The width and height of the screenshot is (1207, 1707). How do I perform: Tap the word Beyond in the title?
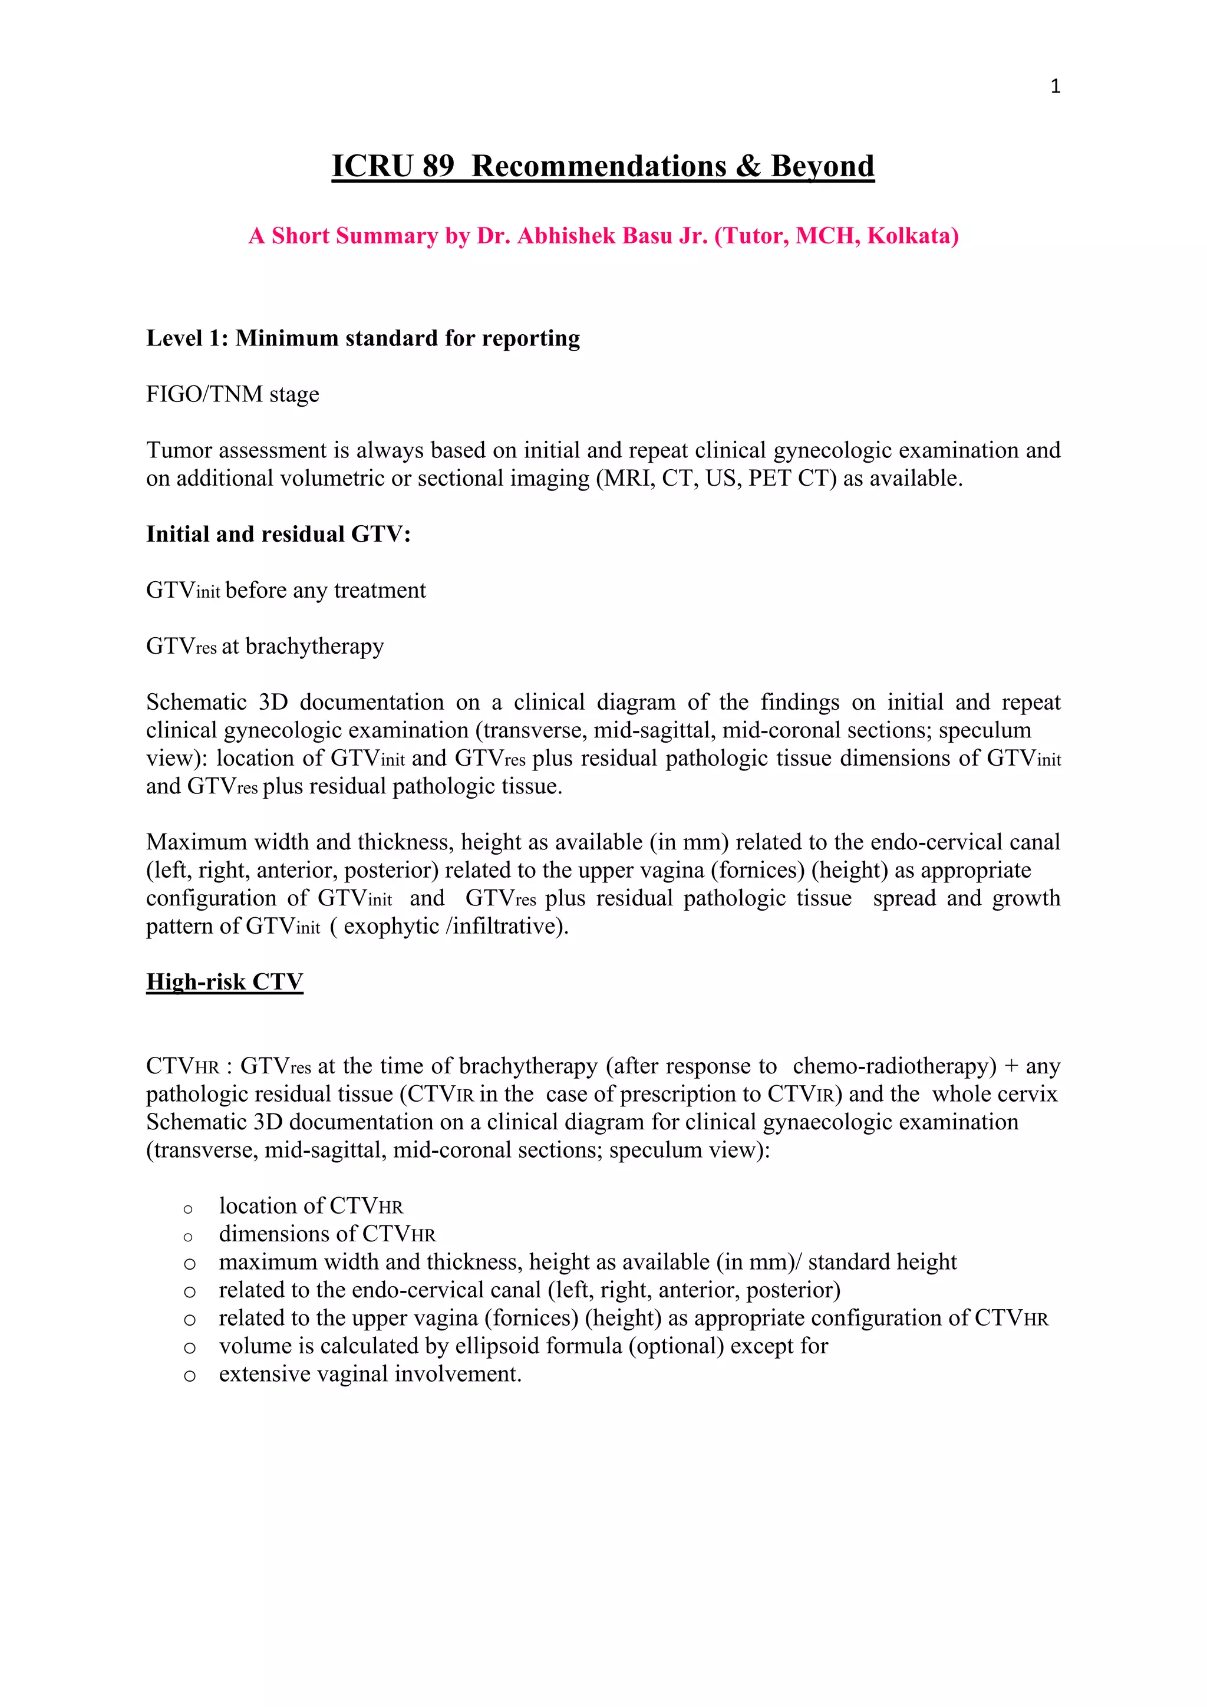pyautogui.click(x=822, y=166)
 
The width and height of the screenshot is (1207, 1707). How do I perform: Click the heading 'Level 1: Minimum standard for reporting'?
pyautogui.click(x=362, y=338)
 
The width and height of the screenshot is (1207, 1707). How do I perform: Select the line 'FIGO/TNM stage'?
pyautogui.click(x=233, y=394)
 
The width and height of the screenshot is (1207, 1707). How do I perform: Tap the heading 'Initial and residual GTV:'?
pyautogui.click(x=278, y=534)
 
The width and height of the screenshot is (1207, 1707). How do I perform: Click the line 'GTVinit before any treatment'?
pyautogui.click(x=286, y=590)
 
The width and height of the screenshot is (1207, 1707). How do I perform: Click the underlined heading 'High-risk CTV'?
pyautogui.click(x=225, y=981)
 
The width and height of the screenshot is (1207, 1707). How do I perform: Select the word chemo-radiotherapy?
pyautogui.click(x=894, y=1066)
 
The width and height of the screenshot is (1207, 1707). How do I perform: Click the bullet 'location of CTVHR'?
pyautogui.click(x=311, y=1206)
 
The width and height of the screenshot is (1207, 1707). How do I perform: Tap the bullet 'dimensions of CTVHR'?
pyautogui.click(x=327, y=1234)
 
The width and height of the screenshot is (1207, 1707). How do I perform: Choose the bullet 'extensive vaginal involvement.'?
pyautogui.click(x=370, y=1374)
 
